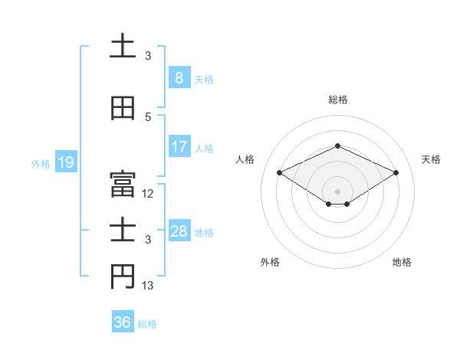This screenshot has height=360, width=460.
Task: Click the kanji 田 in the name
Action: click(x=123, y=108)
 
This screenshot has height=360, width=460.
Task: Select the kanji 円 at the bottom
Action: click(x=123, y=278)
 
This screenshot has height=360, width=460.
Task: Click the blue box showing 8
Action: click(x=179, y=77)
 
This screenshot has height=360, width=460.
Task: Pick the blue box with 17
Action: click(x=179, y=147)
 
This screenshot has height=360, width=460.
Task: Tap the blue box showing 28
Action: click(x=179, y=231)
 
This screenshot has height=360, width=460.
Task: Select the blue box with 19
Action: click(x=65, y=162)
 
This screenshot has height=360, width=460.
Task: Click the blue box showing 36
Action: click(x=123, y=322)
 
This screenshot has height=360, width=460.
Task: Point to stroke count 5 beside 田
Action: click(x=148, y=116)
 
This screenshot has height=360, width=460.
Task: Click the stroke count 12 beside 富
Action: click(x=148, y=194)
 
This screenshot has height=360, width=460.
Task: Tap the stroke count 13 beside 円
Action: click(x=148, y=286)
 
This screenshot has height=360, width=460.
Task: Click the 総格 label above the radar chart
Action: click(x=337, y=100)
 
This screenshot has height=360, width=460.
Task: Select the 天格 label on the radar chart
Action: click(x=431, y=159)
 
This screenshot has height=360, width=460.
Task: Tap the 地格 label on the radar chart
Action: click(x=402, y=262)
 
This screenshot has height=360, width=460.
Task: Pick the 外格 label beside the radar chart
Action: click(x=270, y=262)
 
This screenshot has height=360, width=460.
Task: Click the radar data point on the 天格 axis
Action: click(x=396, y=173)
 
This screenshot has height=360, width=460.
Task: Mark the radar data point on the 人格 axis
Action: click(x=280, y=173)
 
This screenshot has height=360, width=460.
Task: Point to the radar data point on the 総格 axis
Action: click(x=337, y=146)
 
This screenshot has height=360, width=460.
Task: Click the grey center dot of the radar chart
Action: click(x=337, y=191)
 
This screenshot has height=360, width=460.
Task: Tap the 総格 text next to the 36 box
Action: click(x=147, y=323)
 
